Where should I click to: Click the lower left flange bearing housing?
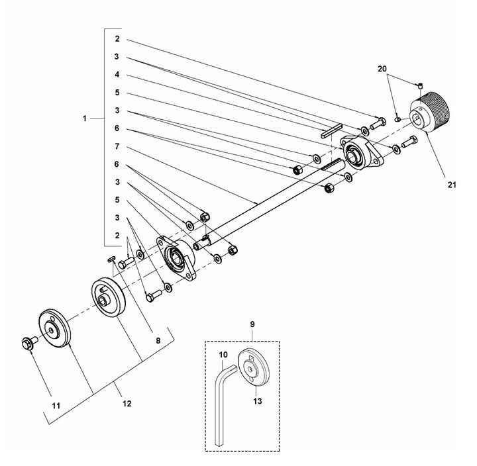176,256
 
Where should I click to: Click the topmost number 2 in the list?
116,40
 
